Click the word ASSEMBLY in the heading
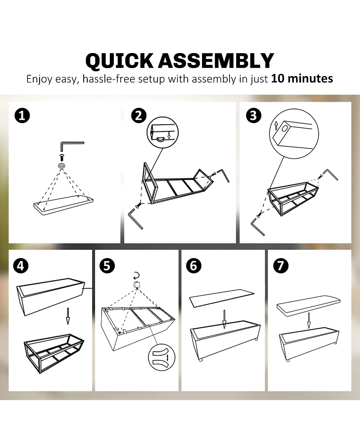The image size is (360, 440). tap(216, 60)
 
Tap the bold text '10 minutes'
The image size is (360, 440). tap(302, 78)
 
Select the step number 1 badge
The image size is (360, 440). tap(22, 116)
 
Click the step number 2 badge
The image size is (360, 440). tap(139, 115)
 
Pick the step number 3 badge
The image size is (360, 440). tap(253, 115)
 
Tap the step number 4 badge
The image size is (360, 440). tap(21, 265)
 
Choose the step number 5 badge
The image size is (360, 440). tap(107, 265)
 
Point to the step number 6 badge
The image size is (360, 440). tap(194, 265)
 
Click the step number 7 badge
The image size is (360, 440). tap(281, 265)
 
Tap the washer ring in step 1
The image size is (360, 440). tap(61, 165)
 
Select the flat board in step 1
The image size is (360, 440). tap(63, 204)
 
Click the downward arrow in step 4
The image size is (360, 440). tap(67, 316)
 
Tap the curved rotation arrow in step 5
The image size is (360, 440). tap(136, 275)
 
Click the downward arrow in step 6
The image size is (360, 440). tap(224, 320)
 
